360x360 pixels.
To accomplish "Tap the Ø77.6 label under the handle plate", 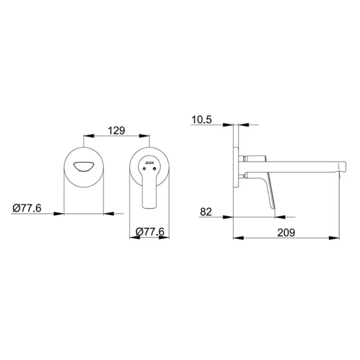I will (150, 232).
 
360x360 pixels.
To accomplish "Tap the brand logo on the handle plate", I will (150, 162).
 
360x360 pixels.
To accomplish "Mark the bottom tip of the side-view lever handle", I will (273, 208).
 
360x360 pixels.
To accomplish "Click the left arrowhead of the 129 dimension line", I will (86, 136).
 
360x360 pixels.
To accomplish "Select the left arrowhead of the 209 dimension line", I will (236, 238).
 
